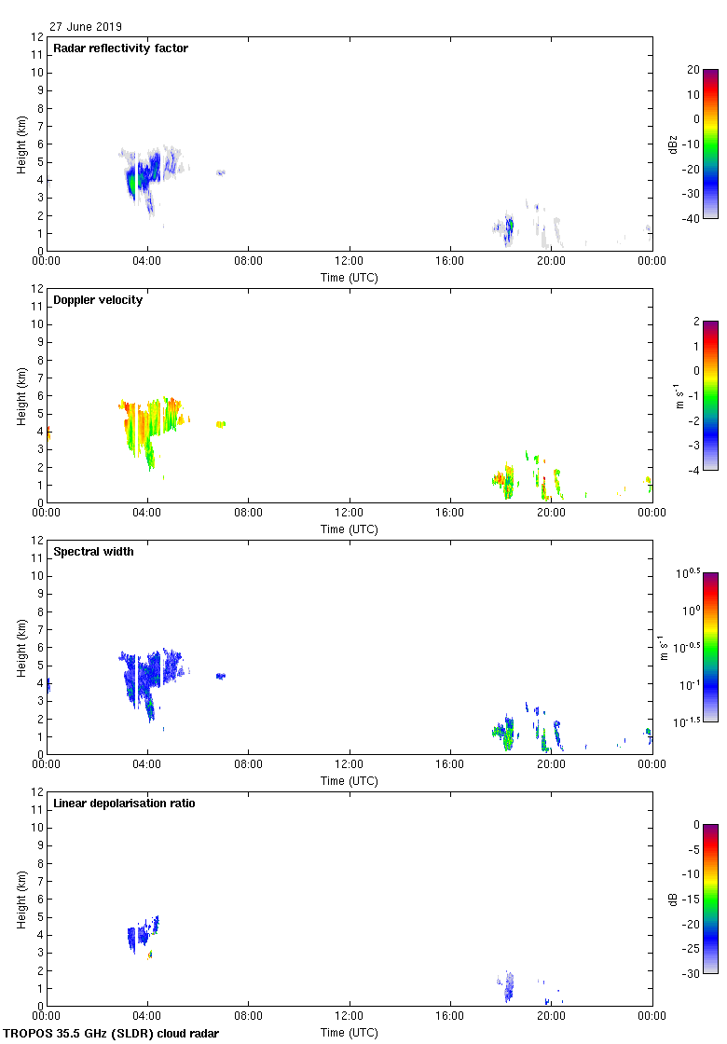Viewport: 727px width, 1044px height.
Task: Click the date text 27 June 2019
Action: tap(86, 27)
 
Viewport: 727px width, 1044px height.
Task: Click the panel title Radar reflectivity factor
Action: tap(120, 48)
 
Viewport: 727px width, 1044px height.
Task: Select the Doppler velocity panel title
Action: tap(98, 300)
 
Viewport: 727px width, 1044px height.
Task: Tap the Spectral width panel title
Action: tap(93, 552)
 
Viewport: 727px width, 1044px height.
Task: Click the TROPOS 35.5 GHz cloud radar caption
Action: tap(112, 1034)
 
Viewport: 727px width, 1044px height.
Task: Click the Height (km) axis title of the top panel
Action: tap(21, 144)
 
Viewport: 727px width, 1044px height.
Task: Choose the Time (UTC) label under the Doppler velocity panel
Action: tap(350, 529)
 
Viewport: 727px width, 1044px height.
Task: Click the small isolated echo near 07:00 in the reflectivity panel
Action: tap(221, 172)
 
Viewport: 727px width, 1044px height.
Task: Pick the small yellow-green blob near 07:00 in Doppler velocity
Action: tap(221, 424)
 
